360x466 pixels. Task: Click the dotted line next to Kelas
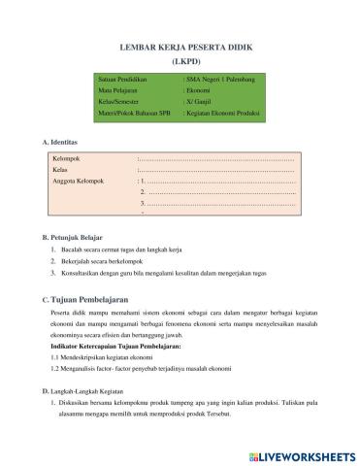pyautogui.click(x=218, y=169)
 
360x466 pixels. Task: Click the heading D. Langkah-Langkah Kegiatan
pyautogui.click(x=91, y=391)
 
